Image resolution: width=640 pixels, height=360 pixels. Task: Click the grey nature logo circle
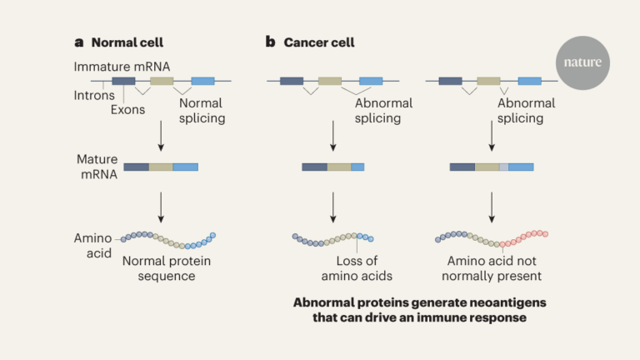click(x=582, y=62)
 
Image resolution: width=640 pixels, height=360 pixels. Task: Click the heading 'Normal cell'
click(x=127, y=42)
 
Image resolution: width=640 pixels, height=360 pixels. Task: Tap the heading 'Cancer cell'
click(x=319, y=42)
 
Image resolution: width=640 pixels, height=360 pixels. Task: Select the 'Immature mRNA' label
click(x=122, y=67)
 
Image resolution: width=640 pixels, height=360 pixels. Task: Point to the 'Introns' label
click(x=94, y=96)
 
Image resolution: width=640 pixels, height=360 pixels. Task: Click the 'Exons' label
click(x=127, y=110)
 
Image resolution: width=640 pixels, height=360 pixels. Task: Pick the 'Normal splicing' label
click(x=202, y=111)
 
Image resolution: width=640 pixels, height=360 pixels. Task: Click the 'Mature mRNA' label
click(x=97, y=167)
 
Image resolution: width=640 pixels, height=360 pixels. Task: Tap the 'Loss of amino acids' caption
click(x=357, y=268)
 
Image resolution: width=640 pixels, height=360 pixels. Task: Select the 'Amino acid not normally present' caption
click(x=492, y=268)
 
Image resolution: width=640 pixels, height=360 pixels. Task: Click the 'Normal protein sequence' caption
click(x=167, y=268)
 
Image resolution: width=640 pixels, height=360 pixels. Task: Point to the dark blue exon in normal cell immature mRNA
click(x=123, y=81)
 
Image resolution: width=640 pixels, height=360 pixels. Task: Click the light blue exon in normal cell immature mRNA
click(x=202, y=81)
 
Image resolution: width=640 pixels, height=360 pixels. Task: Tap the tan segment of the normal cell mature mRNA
click(x=161, y=167)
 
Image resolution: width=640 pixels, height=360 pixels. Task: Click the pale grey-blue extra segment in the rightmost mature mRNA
click(x=503, y=167)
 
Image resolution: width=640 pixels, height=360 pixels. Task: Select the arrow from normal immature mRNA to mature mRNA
click(x=161, y=136)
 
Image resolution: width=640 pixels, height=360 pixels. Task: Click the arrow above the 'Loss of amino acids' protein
click(x=333, y=207)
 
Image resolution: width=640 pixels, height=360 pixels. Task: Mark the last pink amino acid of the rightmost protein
click(x=545, y=234)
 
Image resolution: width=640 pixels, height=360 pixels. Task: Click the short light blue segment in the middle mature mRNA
click(x=357, y=167)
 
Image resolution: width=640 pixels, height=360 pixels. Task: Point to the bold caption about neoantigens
click(x=420, y=310)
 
